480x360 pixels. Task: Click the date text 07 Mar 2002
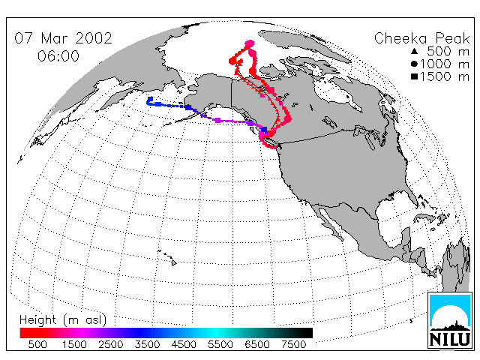pyautogui.click(x=63, y=38)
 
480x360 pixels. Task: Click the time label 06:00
pyautogui.click(x=58, y=56)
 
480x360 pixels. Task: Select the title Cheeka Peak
pyautogui.click(x=421, y=38)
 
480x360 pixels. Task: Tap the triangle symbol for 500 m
pyautogui.click(x=415, y=51)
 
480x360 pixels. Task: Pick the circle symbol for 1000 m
pyautogui.click(x=415, y=64)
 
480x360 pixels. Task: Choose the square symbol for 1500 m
pyautogui.click(x=415, y=76)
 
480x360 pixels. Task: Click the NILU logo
pyautogui.click(x=450, y=320)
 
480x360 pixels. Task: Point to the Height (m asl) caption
pyautogui.click(x=63, y=320)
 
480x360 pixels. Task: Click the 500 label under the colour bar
pyautogui.click(x=37, y=345)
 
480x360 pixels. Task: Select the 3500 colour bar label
pyautogui.click(x=147, y=345)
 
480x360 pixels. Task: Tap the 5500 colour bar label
pyautogui.click(x=220, y=345)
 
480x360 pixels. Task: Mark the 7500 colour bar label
pyautogui.click(x=293, y=345)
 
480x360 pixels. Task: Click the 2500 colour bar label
pyautogui.click(x=111, y=345)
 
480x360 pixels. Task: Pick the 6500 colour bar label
pyautogui.click(x=257, y=345)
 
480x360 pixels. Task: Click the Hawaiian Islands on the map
pyautogui.click(x=168, y=257)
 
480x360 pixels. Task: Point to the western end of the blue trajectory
pyautogui.click(x=150, y=100)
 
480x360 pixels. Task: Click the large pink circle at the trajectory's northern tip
pyautogui.click(x=250, y=43)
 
